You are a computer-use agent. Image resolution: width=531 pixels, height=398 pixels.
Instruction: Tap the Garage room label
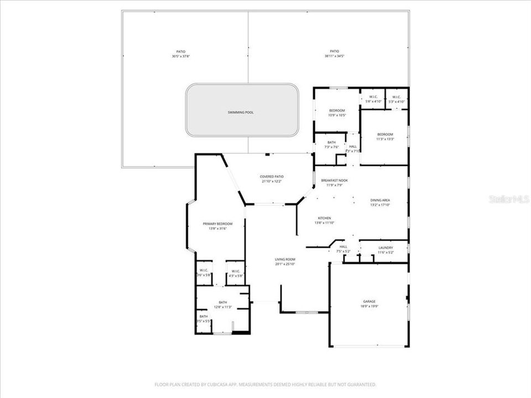[369, 301]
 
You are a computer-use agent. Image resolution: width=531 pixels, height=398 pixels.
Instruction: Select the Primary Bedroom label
[217, 223]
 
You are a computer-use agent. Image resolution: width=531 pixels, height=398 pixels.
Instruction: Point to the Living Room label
[285, 259]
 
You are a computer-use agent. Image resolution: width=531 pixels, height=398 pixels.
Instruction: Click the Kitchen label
[324, 218]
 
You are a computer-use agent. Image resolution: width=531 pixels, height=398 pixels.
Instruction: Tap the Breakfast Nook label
[334, 180]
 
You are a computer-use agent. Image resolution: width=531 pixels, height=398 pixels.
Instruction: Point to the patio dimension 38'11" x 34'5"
[334, 56]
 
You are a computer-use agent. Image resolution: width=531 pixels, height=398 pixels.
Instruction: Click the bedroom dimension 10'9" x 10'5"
[337, 115]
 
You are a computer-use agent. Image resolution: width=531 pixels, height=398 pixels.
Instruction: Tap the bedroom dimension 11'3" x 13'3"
[385, 139]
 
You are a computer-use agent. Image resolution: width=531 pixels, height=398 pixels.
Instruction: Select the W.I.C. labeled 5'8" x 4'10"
[373, 102]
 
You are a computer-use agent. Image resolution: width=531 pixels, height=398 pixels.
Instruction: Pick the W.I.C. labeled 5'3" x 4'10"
[397, 102]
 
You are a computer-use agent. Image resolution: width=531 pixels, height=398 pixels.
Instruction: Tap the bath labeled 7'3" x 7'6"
[331, 146]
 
